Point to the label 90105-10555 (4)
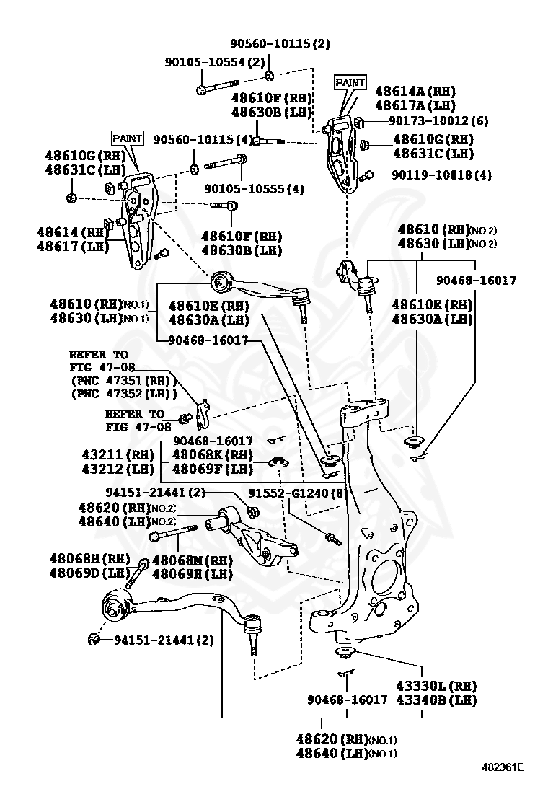[253, 189]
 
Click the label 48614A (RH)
[415, 92]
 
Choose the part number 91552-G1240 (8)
[298, 493]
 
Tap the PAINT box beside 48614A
[350, 83]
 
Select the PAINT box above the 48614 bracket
[127, 138]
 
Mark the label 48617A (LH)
[415, 105]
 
